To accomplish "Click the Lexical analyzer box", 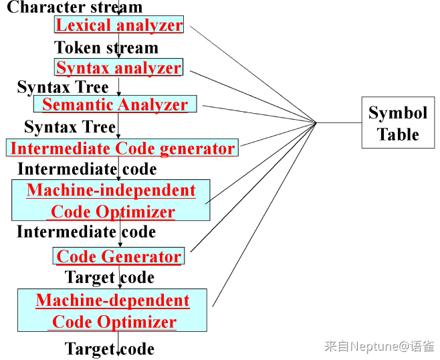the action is point(119,25).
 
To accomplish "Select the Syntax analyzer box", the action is point(119,67).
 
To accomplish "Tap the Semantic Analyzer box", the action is point(115,104).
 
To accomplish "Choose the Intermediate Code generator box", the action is point(122,148).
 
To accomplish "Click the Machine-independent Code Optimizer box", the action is point(111,200).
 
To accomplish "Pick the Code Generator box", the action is point(119,256).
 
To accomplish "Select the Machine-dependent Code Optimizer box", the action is point(112,310).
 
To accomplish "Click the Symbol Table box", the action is point(398,122).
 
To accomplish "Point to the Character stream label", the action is point(75,7).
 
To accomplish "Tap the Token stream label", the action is point(106,48).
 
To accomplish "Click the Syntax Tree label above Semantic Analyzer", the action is point(63,87).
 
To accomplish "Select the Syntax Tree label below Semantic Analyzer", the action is point(70,126).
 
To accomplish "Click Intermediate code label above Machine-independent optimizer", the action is point(87,169).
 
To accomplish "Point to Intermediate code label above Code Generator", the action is point(86,232).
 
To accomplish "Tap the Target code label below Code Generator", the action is point(110,278).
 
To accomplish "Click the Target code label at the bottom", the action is point(110,349).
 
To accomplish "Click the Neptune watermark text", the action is point(379,346).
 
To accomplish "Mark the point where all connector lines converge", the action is point(316,122).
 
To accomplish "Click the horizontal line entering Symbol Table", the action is point(339,122).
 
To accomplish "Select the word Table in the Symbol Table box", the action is point(398,134).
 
